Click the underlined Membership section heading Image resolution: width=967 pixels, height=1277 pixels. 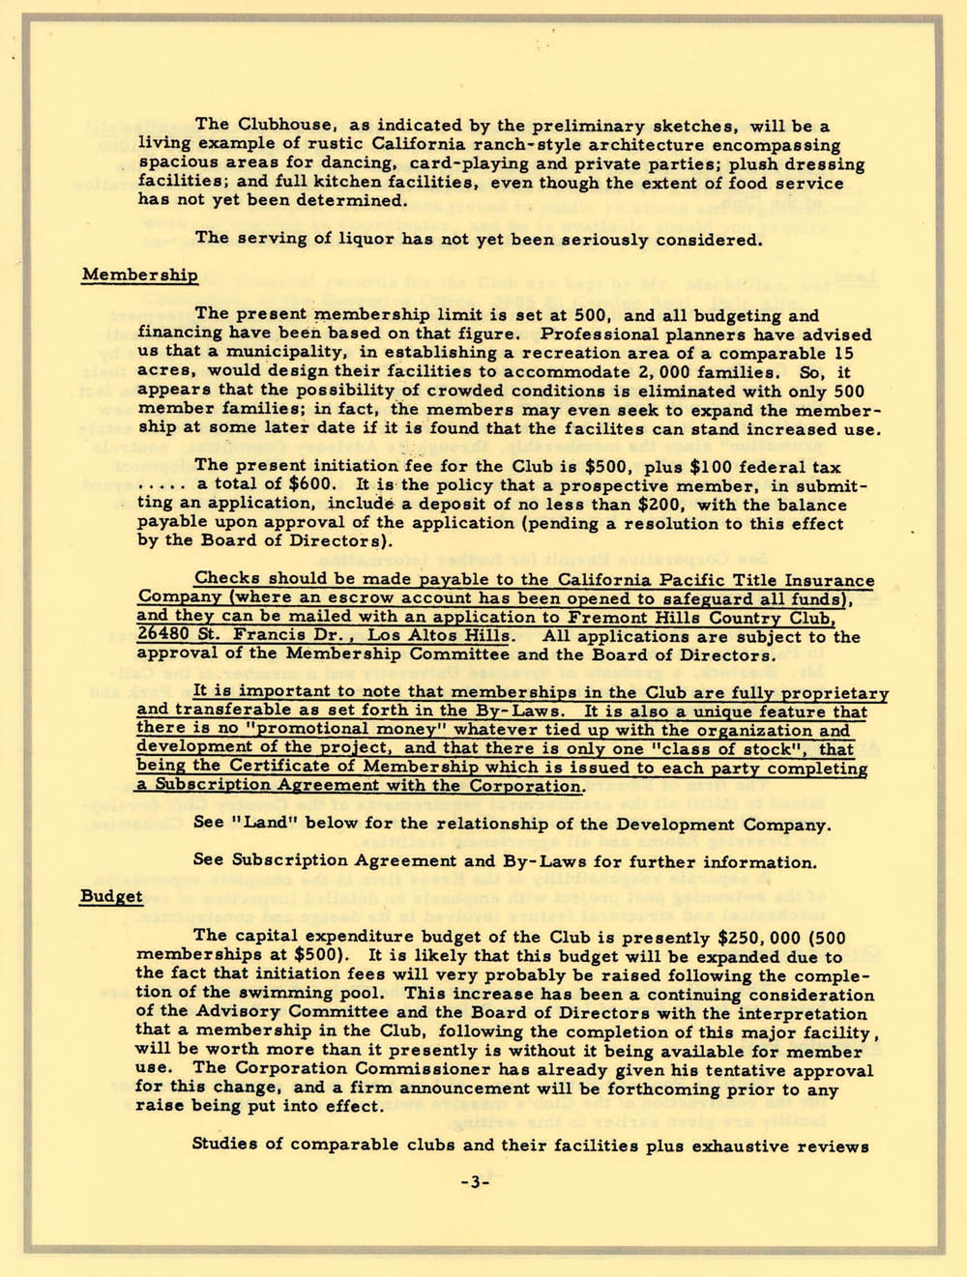139,275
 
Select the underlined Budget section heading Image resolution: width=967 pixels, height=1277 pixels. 111,896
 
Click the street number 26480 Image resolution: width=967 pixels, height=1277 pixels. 164,636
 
